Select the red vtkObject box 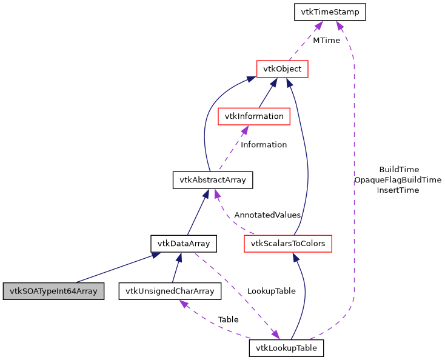tap(283, 68)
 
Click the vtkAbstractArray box tap(212, 180)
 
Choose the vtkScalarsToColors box tap(288, 244)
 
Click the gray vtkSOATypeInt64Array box tap(52, 291)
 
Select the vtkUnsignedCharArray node tap(170, 291)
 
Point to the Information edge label tap(264, 144)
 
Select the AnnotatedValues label tap(267, 215)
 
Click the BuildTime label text tap(398, 169)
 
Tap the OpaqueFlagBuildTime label tap(398, 179)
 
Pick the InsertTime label tap(398, 190)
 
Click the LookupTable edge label tap(271, 291)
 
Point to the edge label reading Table tap(228, 319)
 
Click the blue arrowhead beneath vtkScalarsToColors tap(295, 258)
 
